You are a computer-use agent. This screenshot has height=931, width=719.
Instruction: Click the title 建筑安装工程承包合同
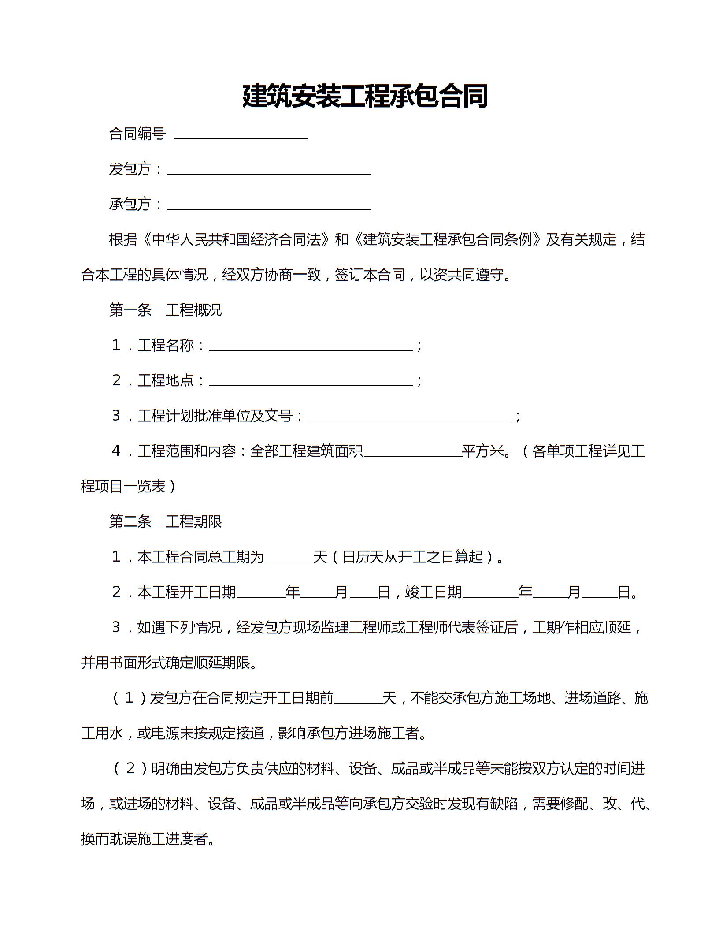tap(365, 96)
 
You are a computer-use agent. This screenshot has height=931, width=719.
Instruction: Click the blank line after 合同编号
tap(241, 135)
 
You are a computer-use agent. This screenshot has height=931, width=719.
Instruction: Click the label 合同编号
tap(137, 134)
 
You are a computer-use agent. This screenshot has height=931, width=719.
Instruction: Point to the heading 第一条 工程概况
tap(165, 310)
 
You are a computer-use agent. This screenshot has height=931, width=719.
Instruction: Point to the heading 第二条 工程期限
tap(165, 522)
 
